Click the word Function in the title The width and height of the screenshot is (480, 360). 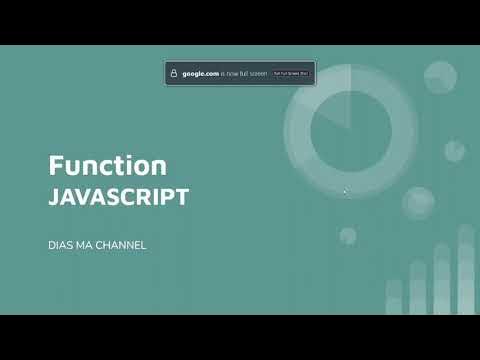tap(108, 165)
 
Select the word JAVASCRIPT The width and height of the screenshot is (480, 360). tap(118, 197)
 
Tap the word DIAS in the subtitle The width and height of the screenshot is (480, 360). tap(62, 245)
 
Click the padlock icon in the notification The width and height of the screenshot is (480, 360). tap(174, 74)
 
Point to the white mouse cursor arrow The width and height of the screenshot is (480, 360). tap(345, 191)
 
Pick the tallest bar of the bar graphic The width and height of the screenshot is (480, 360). tap(466, 270)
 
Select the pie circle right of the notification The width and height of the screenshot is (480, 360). tap(440, 76)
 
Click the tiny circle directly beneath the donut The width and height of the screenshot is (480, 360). tap(348, 236)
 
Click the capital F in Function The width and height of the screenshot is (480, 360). tap(56, 165)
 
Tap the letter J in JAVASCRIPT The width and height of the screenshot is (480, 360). tap(54, 197)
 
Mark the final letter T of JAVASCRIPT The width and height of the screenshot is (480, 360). tap(183, 197)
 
